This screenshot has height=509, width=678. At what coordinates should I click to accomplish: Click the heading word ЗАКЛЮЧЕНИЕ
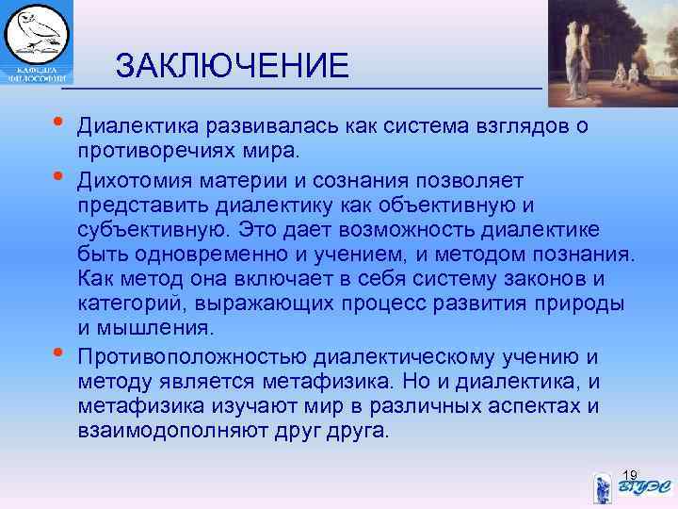[x=232, y=67]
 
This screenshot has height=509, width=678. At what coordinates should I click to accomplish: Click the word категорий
[x=123, y=305]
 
